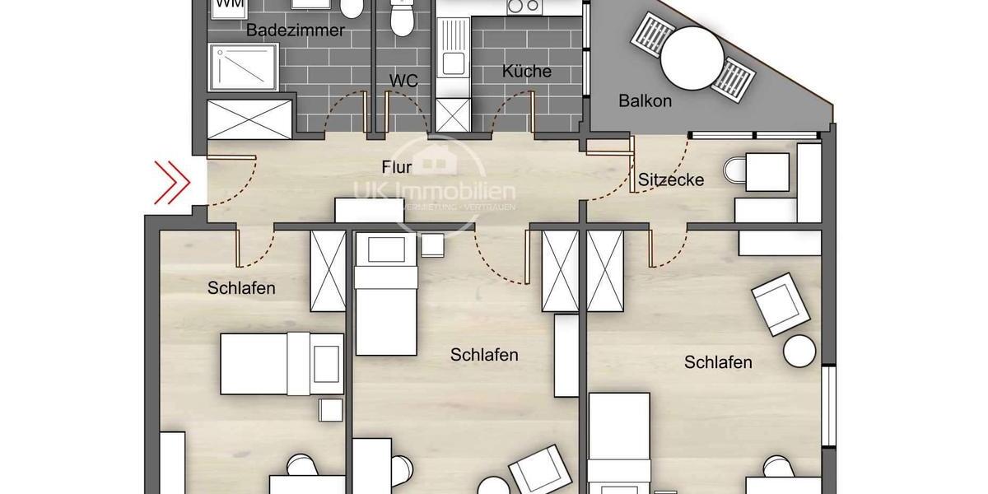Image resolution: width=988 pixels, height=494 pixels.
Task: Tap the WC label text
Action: pyautogui.click(x=403, y=81)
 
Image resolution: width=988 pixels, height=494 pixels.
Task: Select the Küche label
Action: pyautogui.click(x=527, y=72)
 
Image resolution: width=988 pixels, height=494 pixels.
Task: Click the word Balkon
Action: pyautogui.click(x=645, y=101)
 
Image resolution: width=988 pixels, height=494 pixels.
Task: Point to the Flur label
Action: pyautogui.click(x=397, y=168)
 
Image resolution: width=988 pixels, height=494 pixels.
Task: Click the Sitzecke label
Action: pyautogui.click(x=671, y=179)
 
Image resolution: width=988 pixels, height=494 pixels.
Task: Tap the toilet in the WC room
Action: pyautogui.click(x=402, y=18)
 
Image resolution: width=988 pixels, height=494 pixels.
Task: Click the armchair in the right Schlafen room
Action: pyautogui.click(x=780, y=304)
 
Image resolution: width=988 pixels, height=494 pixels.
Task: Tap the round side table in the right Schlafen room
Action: pyautogui.click(x=799, y=352)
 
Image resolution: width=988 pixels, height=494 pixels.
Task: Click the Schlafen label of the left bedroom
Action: pyautogui.click(x=241, y=288)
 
